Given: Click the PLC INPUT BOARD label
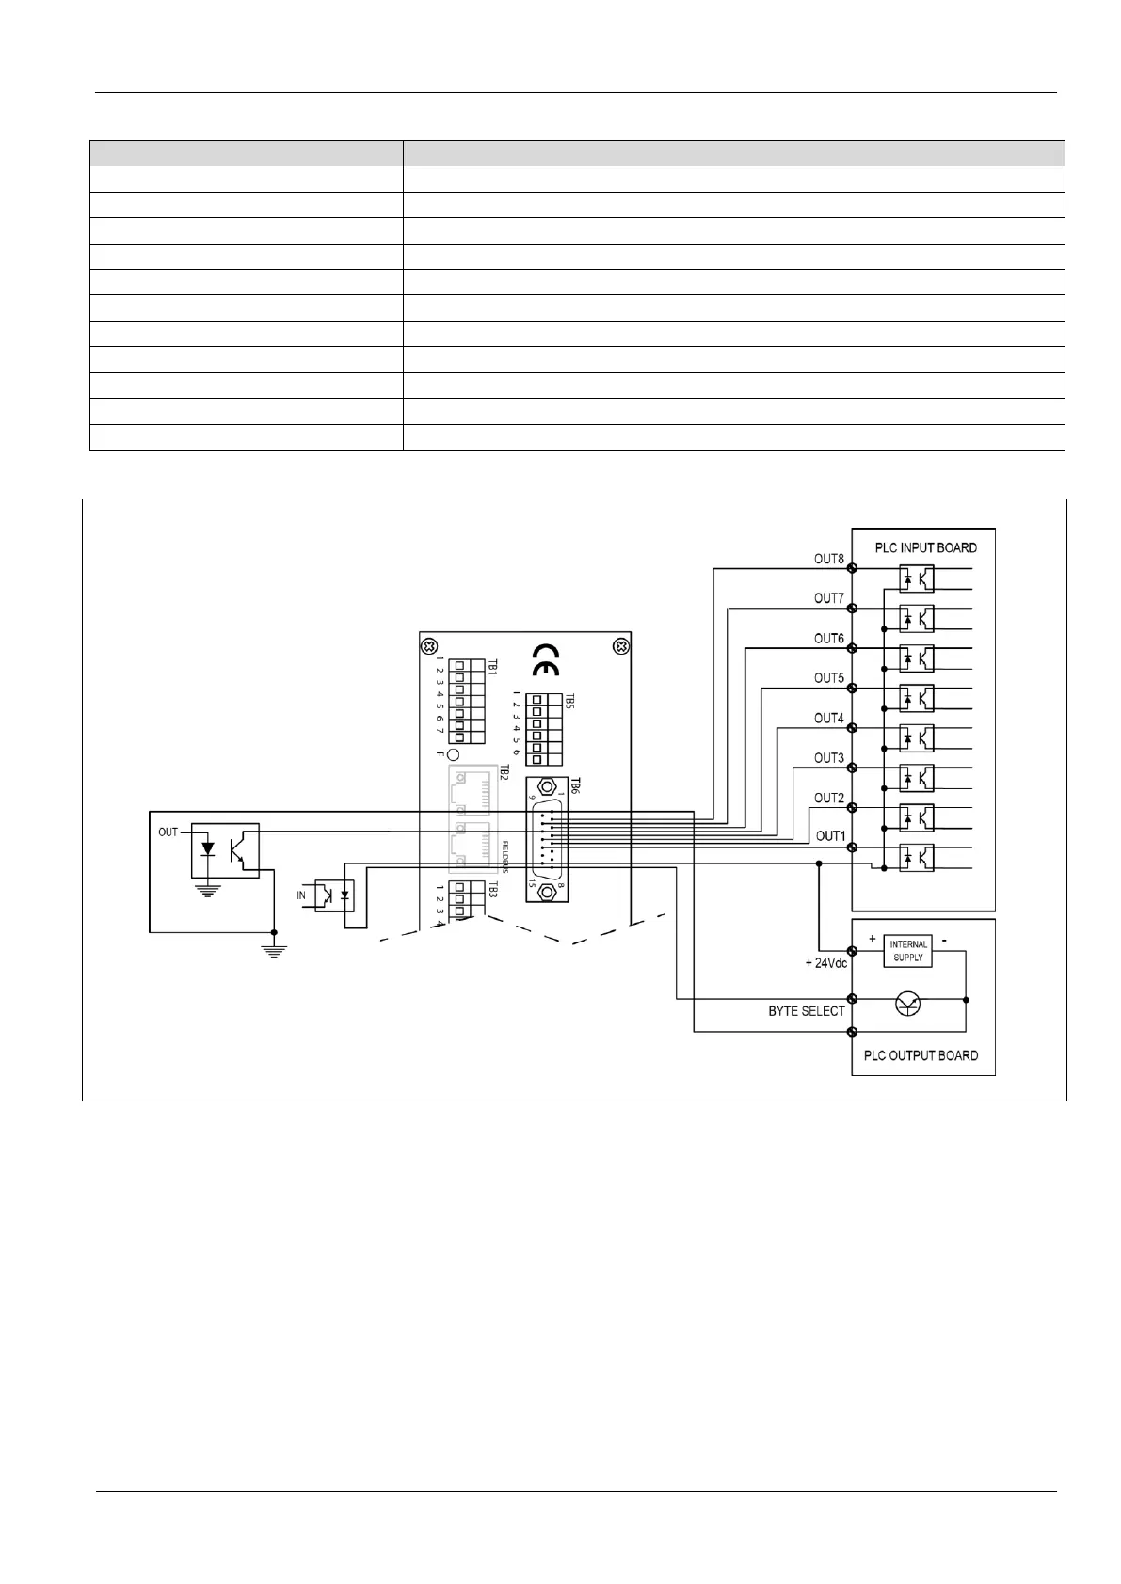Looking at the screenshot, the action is coord(925,547).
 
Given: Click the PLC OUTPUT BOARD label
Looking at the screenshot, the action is coord(921,1055).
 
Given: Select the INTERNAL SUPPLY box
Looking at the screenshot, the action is coord(908,951).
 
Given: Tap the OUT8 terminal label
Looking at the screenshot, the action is coord(828,559).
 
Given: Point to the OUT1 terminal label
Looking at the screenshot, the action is coord(830,836).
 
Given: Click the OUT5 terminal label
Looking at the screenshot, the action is coord(828,678).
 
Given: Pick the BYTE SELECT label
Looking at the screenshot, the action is coord(807,1011).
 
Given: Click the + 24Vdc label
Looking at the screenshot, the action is coord(826,963).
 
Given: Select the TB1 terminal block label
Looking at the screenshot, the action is coord(491,666).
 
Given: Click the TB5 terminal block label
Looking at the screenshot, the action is coord(569,701).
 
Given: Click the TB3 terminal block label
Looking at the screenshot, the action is coord(491,889).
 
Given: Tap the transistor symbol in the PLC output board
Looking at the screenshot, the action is coord(908,1004).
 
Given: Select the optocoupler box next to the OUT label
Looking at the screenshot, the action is coord(225,851).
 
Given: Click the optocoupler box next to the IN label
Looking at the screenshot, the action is coord(333,895).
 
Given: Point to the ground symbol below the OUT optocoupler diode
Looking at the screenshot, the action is coord(208,890).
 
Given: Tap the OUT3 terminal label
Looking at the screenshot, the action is coord(828,758).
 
